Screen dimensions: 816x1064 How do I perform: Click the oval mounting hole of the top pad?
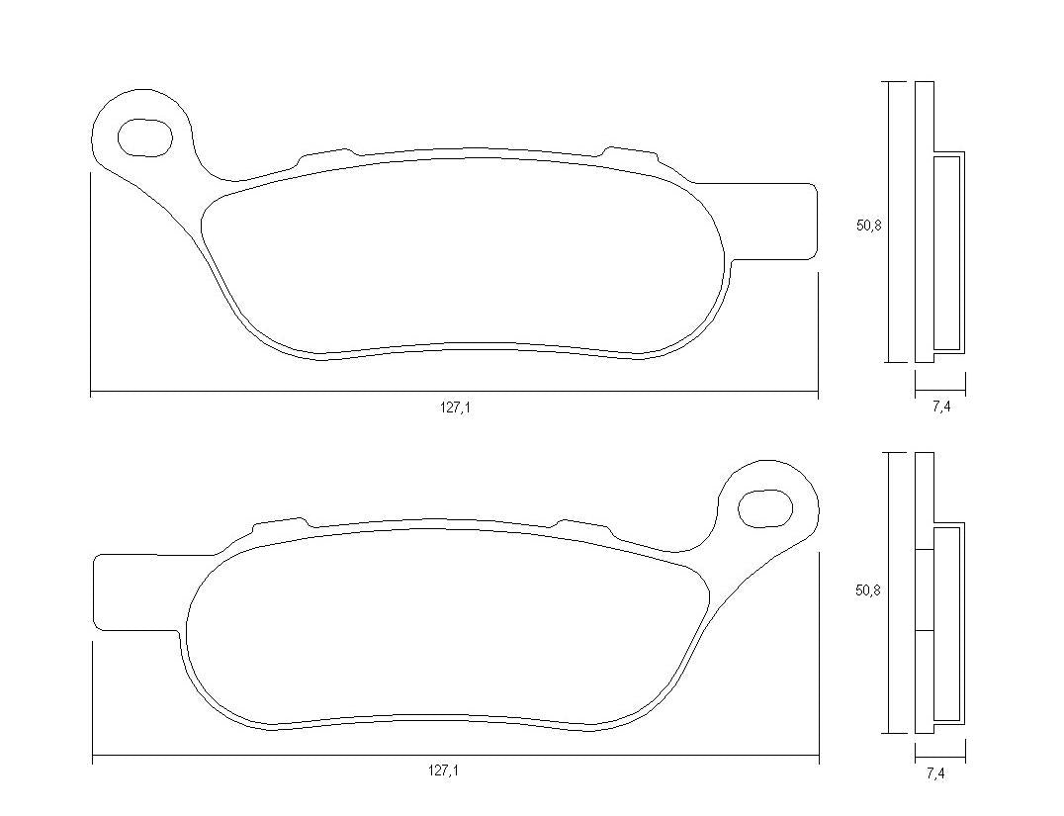coord(145,136)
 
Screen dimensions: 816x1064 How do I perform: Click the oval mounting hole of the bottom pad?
coord(765,508)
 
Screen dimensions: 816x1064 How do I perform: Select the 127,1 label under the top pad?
coord(455,408)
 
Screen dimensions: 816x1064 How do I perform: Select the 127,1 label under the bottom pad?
coord(442,771)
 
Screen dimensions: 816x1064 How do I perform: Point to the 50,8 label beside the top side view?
coord(868,226)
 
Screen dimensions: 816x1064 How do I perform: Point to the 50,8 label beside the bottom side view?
coord(868,590)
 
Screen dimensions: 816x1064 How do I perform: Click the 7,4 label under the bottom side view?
coord(934,774)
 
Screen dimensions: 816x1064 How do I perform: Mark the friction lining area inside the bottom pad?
coord(445,623)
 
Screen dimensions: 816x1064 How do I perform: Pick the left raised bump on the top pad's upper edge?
coord(325,154)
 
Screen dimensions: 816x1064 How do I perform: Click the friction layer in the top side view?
coord(948,252)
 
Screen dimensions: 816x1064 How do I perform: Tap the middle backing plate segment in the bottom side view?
coord(924,589)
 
